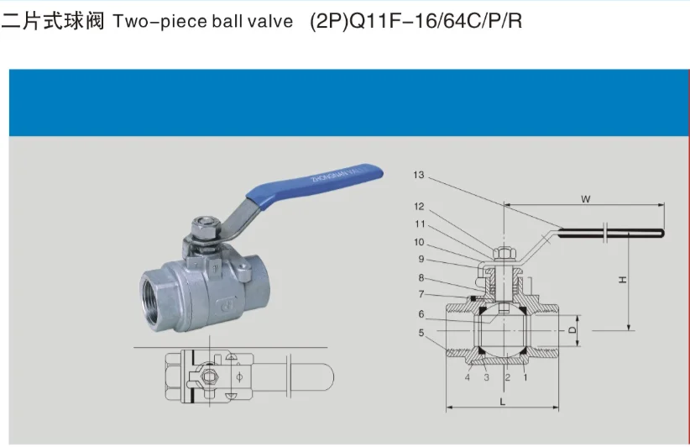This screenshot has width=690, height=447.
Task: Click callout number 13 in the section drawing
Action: [x=419, y=175]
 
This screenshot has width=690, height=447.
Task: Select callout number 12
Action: [x=419, y=207]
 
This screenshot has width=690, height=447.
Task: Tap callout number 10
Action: [x=419, y=242]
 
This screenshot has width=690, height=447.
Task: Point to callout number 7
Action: [x=421, y=293]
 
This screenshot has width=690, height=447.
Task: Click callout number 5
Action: [x=421, y=333]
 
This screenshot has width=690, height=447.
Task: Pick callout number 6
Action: [x=421, y=314]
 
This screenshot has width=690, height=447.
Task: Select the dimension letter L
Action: [x=501, y=402]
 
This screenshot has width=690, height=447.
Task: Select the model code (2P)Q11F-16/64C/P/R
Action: [x=416, y=21]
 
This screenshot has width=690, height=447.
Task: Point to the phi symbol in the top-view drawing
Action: [x=240, y=375]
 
